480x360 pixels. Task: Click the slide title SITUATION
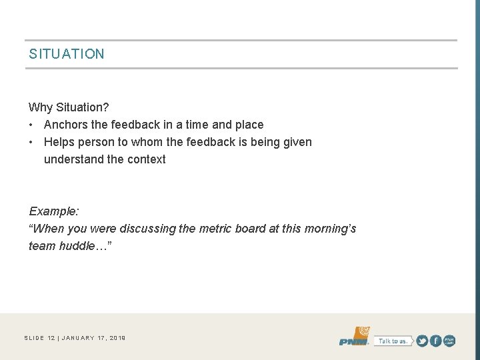coord(67,54)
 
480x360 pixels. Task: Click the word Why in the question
coord(40,107)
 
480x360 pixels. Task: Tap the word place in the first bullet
coord(249,125)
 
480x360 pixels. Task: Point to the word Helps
coord(60,142)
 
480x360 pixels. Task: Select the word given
coord(296,142)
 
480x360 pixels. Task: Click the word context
coord(146,159)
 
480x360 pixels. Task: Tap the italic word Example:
coord(54,211)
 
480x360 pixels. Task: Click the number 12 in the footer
coord(51,338)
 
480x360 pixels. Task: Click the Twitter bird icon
coord(422,341)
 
